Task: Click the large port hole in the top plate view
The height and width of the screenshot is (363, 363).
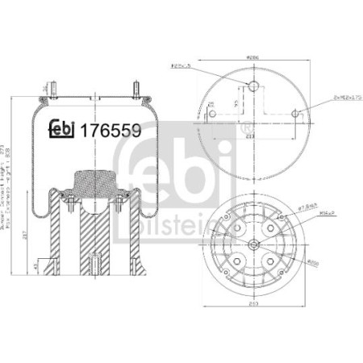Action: pyautogui.click(x=251, y=87)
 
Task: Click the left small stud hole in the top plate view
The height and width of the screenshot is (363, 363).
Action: pyautogui.click(x=211, y=114)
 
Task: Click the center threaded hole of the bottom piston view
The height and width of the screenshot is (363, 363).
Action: pyautogui.click(x=252, y=243)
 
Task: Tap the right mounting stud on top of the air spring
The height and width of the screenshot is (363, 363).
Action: pyautogui.click(x=135, y=86)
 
